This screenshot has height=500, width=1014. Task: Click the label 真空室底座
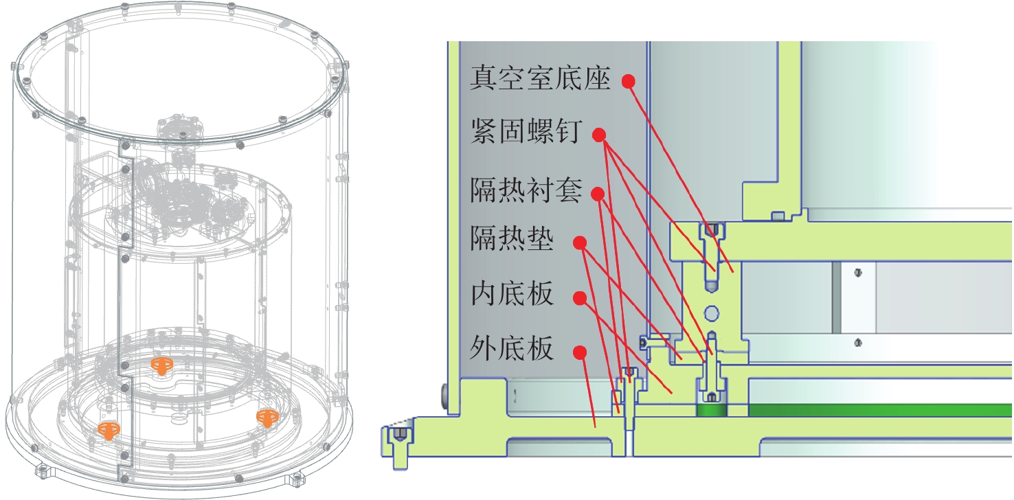tap(540, 78)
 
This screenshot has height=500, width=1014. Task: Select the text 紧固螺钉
tap(526, 131)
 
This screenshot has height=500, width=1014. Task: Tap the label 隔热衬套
tap(526, 190)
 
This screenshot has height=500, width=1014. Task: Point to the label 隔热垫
tap(512, 238)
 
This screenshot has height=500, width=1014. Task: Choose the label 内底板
tap(512, 294)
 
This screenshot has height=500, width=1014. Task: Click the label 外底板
tap(512, 348)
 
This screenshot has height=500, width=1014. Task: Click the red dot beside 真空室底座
tap(629, 82)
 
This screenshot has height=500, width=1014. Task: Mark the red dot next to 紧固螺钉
tap(599, 135)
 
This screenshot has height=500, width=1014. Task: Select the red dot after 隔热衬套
tap(598, 194)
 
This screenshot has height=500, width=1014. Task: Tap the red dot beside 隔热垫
tap(580, 243)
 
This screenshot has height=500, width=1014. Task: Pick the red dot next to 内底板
tap(580, 298)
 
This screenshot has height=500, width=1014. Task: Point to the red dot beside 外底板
tap(580, 352)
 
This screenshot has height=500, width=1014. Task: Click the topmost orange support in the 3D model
tap(161, 365)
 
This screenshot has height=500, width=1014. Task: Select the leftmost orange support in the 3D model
tap(109, 431)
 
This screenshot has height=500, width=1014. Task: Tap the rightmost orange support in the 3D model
tap(267, 418)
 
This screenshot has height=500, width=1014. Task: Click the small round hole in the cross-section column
tap(712, 313)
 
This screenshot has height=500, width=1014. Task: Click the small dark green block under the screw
tap(712, 411)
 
